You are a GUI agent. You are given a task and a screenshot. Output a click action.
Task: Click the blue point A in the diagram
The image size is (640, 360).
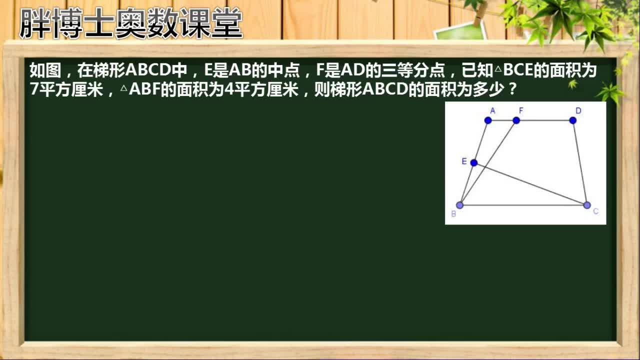pos(488,120)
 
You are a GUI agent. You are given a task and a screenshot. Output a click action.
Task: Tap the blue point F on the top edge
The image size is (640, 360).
pos(516,120)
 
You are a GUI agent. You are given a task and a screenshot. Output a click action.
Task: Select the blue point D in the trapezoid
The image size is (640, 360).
pos(573,120)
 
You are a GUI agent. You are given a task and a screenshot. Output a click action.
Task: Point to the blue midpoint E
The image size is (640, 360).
pos(474,162)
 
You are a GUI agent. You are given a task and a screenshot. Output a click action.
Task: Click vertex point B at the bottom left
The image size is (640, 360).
pos(460,205)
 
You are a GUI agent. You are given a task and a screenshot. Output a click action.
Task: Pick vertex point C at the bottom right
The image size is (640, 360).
pos(587,205)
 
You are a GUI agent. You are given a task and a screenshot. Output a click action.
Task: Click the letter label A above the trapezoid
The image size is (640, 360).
pos(492,110)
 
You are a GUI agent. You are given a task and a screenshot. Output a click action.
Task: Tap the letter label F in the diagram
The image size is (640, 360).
pos(520,110)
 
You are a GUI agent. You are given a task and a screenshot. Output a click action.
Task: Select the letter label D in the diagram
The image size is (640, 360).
pos(578,110)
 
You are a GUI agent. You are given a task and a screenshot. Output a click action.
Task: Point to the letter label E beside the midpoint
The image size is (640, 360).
pos(464,161)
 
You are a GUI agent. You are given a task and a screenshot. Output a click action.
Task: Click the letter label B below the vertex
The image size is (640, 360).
pos(453,214)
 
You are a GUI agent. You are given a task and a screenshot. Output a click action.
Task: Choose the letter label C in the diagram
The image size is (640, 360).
pos(595,211)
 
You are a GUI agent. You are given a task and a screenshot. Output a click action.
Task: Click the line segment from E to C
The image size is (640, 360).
pos(530,183)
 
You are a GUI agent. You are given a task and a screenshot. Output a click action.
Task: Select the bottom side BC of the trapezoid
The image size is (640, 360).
pos(523,205)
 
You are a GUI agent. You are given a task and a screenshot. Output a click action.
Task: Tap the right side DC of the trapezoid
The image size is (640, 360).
pos(580,162)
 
